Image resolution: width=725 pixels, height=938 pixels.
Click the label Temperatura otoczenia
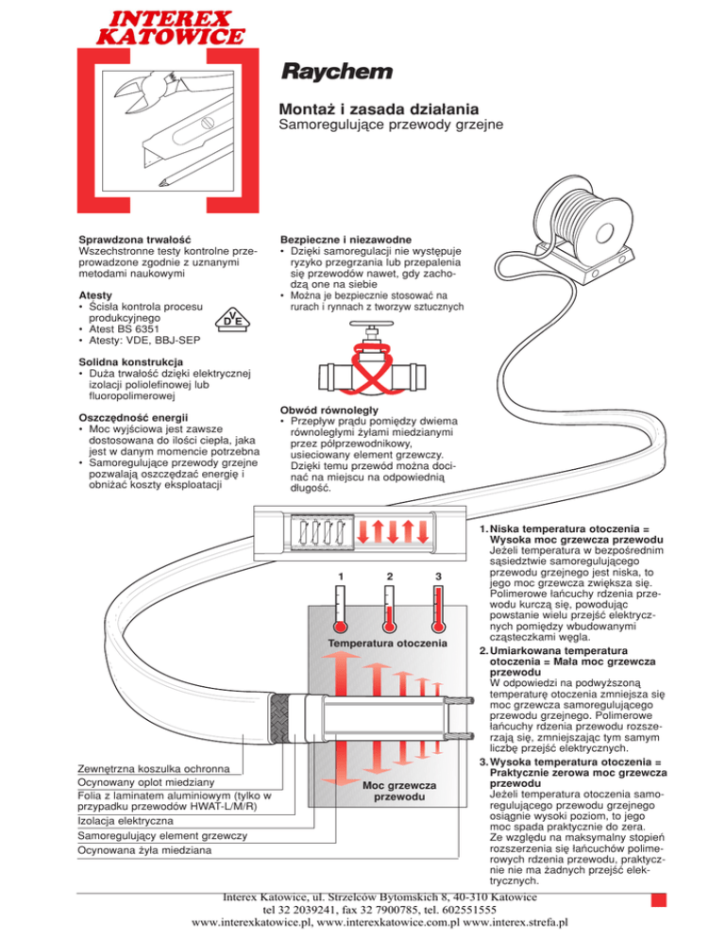coord(389,644)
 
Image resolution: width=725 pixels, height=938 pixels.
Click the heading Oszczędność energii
coord(131,417)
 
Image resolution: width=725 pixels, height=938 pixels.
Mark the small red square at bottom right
coord(646,898)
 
